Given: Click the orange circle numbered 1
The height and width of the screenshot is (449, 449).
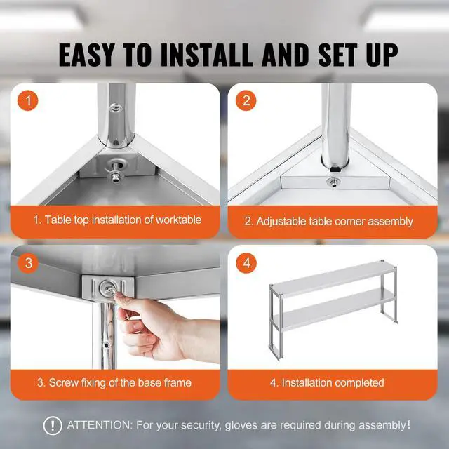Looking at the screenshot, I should coord(29,100).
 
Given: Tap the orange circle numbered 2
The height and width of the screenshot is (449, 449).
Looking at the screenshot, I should coord(244,100).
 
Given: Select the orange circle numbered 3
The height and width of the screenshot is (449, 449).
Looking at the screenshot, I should coord(29,263).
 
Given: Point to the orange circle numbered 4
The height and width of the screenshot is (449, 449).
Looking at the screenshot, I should coord(244,263).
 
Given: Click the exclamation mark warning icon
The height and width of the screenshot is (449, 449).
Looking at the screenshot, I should coord(53,425).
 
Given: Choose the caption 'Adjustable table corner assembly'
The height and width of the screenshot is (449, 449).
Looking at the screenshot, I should coord(328,221).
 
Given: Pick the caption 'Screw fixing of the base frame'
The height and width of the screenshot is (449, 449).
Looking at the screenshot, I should coord(114,382).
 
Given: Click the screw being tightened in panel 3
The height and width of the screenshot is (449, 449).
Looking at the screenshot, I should coord(107,288).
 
